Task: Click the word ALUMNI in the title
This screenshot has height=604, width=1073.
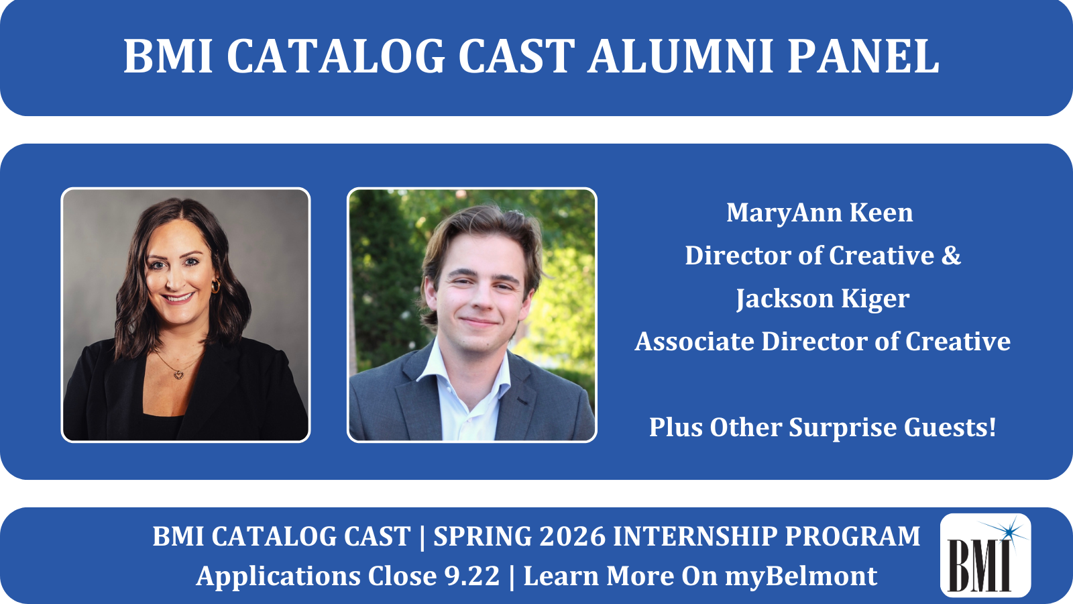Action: pos(681,56)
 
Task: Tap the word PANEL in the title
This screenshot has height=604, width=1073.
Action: pos(863,56)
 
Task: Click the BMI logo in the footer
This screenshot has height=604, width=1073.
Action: pos(985,555)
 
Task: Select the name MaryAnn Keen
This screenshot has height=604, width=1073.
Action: pos(820,212)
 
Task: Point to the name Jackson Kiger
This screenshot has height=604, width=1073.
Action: pos(822,299)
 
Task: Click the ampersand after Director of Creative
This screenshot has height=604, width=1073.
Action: pos(951,255)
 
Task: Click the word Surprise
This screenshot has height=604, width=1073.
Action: pos(842,427)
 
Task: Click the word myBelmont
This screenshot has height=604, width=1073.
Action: pos(801,576)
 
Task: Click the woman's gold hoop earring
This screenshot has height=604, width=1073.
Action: pos(215,286)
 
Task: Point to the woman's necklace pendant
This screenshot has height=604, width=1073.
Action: pos(178,374)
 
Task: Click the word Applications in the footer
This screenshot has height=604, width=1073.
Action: pos(278,576)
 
